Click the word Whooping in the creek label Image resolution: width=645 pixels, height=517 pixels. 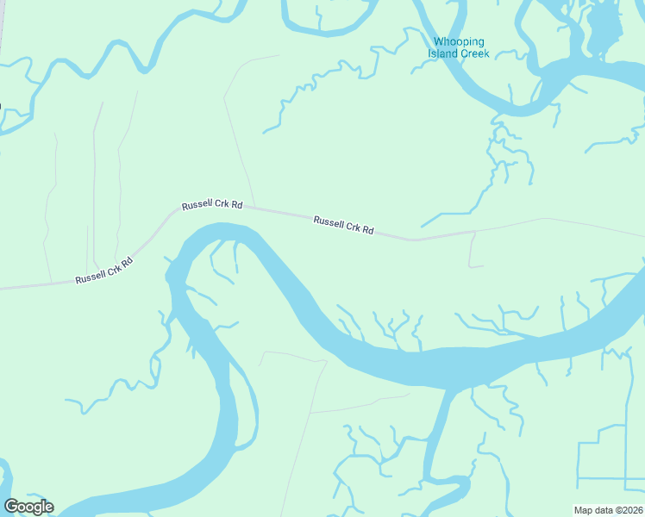pos(459,42)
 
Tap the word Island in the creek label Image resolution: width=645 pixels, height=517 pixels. pos(443,53)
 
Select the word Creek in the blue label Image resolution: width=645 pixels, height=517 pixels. pos(474,53)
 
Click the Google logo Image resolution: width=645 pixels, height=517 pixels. pos(28,507)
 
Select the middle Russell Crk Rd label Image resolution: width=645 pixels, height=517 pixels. pos(212,207)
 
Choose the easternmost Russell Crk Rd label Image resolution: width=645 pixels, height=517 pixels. pos(343,226)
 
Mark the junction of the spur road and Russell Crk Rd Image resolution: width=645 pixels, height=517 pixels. pos(474,231)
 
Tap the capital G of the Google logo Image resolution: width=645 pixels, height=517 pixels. pos(11,507)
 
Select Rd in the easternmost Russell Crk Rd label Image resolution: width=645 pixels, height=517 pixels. pos(367,230)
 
